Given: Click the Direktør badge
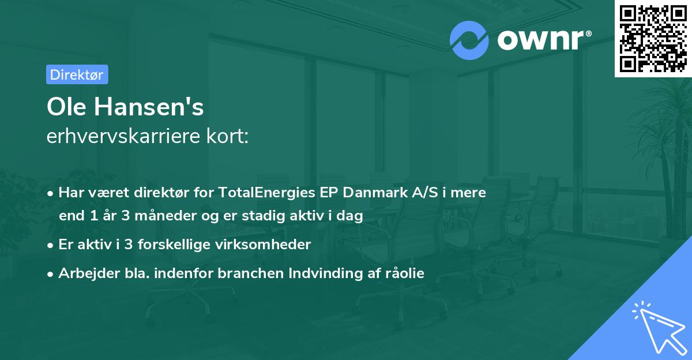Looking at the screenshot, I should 77,74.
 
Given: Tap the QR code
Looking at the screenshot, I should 653,38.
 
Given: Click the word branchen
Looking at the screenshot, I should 249,273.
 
